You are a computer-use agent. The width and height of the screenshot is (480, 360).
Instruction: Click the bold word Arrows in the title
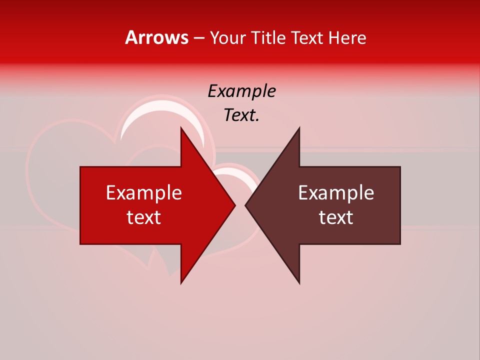tap(157, 37)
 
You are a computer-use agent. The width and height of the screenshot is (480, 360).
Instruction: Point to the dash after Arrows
tap(199, 38)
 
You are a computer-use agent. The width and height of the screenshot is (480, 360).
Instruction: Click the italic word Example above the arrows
tap(242, 91)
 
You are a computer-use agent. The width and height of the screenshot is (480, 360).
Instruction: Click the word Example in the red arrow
tap(144, 193)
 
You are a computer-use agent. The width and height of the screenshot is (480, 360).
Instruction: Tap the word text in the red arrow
tap(144, 217)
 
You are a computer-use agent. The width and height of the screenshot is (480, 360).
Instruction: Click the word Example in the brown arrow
tap(336, 193)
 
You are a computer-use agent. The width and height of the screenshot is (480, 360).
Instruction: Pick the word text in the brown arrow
tap(336, 217)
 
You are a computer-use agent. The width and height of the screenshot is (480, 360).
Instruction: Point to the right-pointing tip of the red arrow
tap(234, 205)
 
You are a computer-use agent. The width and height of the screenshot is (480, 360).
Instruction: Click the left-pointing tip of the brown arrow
tap(246, 205)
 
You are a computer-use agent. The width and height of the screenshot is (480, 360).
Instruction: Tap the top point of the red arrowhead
tap(181, 128)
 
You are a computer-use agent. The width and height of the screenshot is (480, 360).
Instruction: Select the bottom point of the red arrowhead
tap(181, 282)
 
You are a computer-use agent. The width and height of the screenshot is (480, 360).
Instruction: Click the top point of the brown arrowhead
tap(299, 128)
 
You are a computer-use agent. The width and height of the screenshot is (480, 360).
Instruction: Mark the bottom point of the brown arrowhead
tap(299, 282)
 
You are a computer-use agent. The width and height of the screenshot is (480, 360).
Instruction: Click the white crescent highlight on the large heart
tap(150, 112)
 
